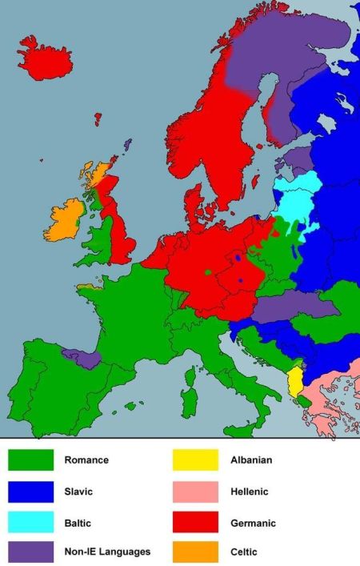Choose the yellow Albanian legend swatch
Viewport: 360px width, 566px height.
point(196,460)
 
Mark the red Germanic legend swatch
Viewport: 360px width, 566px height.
point(196,522)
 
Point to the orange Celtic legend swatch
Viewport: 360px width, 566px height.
point(196,551)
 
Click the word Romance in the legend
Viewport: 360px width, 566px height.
point(86,460)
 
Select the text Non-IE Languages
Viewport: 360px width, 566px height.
point(106,551)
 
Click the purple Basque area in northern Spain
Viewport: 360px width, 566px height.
point(85,359)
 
